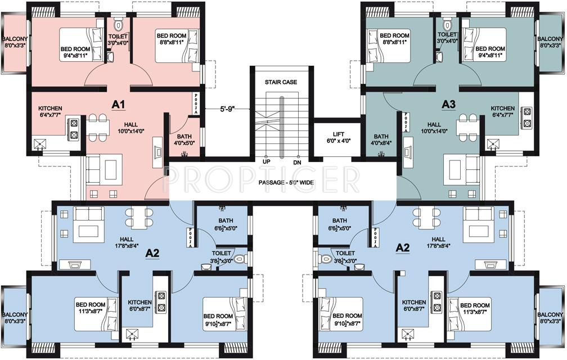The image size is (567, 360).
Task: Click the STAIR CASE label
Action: click(281, 82)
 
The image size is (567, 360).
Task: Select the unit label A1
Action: click(118, 104)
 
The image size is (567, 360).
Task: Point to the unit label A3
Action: click(448, 104)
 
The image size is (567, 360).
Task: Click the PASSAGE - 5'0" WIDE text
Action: click(286, 183)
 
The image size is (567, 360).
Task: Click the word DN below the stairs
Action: click(298, 162)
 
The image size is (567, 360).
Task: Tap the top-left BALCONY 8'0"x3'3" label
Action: click(15, 42)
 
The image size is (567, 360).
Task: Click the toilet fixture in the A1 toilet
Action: click(118, 25)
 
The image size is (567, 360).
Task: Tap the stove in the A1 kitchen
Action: click(73, 128)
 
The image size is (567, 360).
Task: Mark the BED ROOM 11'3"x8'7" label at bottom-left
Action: click(90, 308)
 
